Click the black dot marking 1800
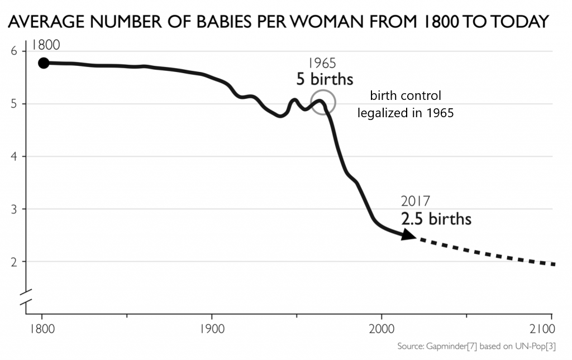pyautogui.click(x=44, y=63)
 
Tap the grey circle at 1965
pyautogui.click(x=323, y=103)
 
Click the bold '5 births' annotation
pyautogui.click(x=325, y=79)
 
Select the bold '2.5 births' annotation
pyautogui.click(x=436, y=219)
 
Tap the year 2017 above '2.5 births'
pyautogui.click(x=416, y=201)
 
